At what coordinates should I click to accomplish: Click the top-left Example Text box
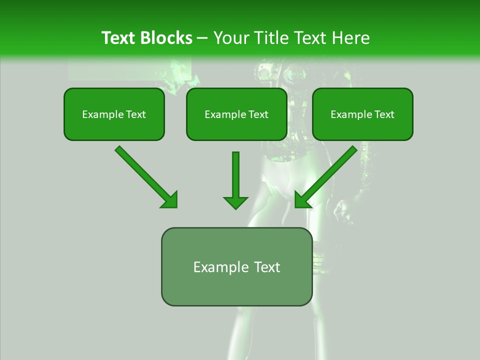click(x=114, y=114)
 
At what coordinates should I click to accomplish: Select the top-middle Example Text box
click(x=236, y=114)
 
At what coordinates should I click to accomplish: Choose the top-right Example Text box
click(x=362, y=114)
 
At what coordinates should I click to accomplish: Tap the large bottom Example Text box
click(x=236, y=266)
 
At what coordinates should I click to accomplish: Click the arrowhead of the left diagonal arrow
click(x=170, y=200)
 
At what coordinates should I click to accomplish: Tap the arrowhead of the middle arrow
click(x=235, y=202)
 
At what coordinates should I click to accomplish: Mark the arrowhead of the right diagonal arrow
click(x=302, y=200)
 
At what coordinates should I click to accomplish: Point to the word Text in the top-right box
click(x=383, y=114)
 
